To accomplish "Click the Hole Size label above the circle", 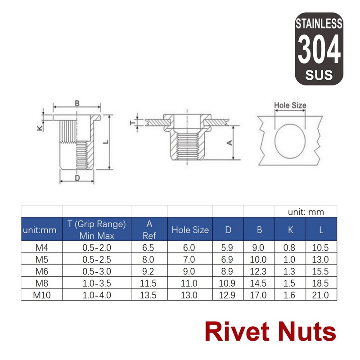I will coord(290,105).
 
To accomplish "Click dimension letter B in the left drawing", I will coord(77,103).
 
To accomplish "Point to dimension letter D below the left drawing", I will coord(77,178).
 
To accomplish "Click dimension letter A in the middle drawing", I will coord(229,143).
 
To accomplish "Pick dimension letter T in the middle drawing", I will coord(132,122).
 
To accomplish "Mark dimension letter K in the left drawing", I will coord(40,128).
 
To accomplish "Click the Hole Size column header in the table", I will coord(190,230).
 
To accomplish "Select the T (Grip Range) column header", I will coord(96,229).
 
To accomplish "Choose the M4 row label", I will coord(42,247).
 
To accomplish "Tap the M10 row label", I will coord(42,295).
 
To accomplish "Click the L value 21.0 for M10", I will coord(321,295).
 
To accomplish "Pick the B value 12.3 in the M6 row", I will coord(259,271).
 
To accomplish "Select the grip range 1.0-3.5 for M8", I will coord(96,283).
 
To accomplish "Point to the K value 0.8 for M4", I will coord(290,247).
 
